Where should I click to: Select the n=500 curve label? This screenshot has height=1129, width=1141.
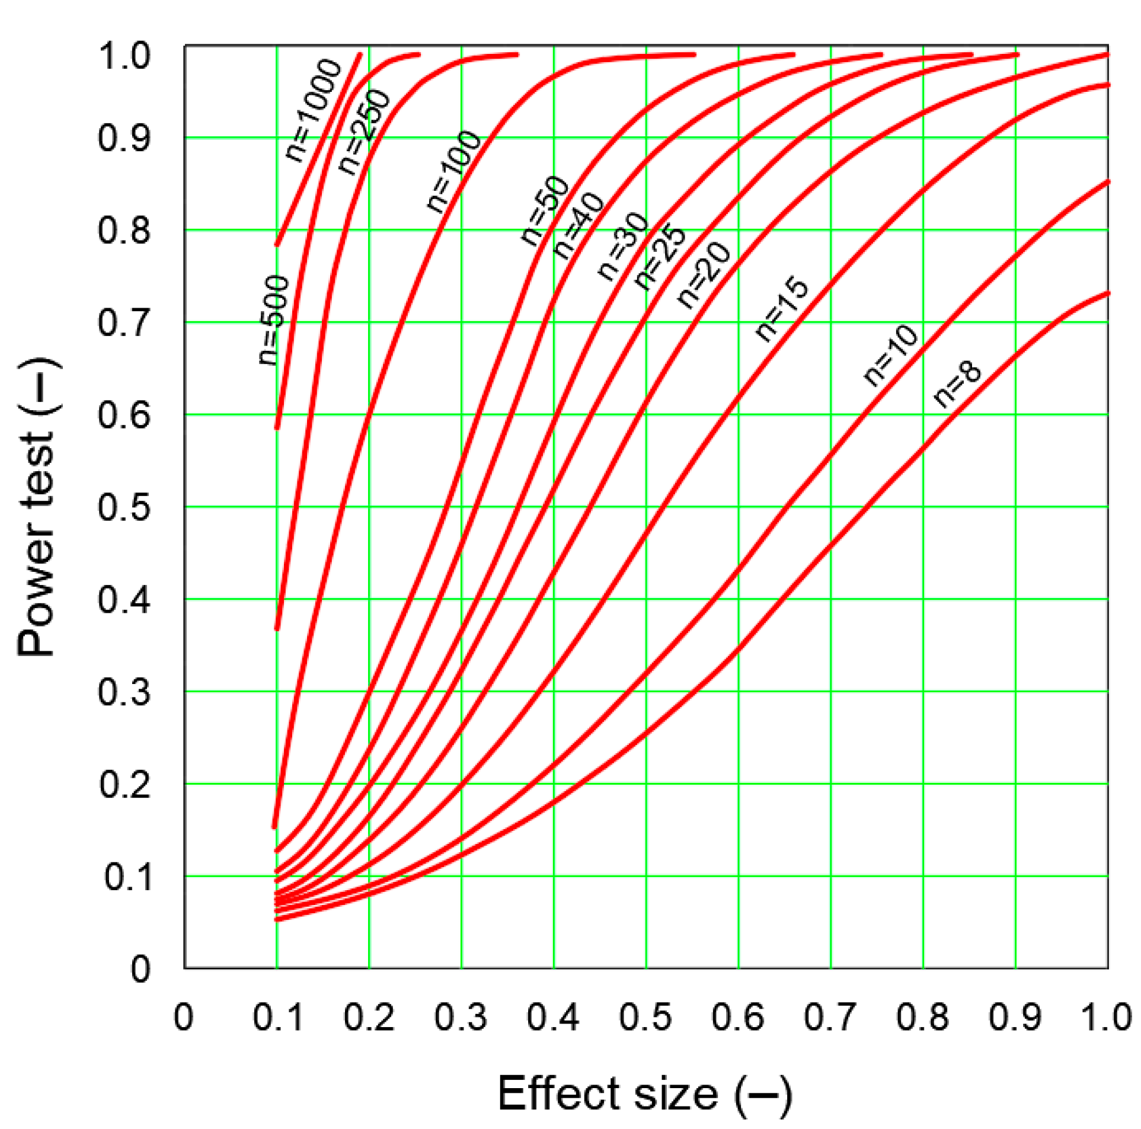click(x=274, y=320)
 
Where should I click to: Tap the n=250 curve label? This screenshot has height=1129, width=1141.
click(x=365, y=132)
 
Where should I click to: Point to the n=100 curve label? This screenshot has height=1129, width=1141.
click(x=453, y=171)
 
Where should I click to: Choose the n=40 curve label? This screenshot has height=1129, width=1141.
click(x=579, y=226)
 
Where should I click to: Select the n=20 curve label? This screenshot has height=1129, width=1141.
click(x=704, y=276)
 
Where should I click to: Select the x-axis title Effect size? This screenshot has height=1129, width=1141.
click(x=645, y=1093)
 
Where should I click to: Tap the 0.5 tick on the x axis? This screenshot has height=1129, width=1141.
click(x=645, y=1018)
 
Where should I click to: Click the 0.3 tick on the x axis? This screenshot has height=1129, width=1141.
click(x=461, y=1018)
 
